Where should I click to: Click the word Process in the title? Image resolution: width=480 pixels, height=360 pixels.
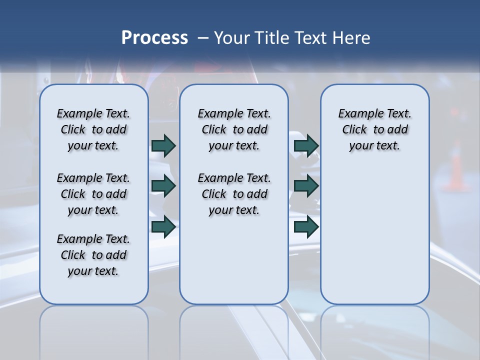tap(154, 38)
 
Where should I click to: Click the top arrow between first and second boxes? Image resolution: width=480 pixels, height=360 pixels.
tap(163, 145)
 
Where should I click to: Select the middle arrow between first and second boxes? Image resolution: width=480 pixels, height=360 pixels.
tap(163, 186)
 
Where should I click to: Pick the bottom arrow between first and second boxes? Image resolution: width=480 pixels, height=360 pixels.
tap(163, 226)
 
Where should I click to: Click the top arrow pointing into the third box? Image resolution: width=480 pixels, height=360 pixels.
tap(306, 145)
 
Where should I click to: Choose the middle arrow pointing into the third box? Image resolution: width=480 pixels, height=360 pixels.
tap(306, 186)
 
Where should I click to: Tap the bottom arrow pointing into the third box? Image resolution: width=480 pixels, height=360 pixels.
tap(306, 226)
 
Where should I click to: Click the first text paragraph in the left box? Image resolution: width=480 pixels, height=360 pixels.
tap(93, 129)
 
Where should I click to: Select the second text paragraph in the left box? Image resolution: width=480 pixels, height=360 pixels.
tap(93, 194)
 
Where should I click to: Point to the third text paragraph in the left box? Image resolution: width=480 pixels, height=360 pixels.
tap(93, 255)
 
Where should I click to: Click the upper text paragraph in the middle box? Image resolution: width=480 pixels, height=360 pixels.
tap(234, 129)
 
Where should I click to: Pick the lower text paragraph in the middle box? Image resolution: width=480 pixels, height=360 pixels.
tap(234, 194)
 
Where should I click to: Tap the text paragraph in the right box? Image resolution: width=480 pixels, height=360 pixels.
tap(374, 129)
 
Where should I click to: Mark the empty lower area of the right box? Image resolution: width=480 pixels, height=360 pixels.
tap(374, 235)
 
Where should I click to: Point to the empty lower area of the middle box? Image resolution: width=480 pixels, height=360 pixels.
tap(234, 260)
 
